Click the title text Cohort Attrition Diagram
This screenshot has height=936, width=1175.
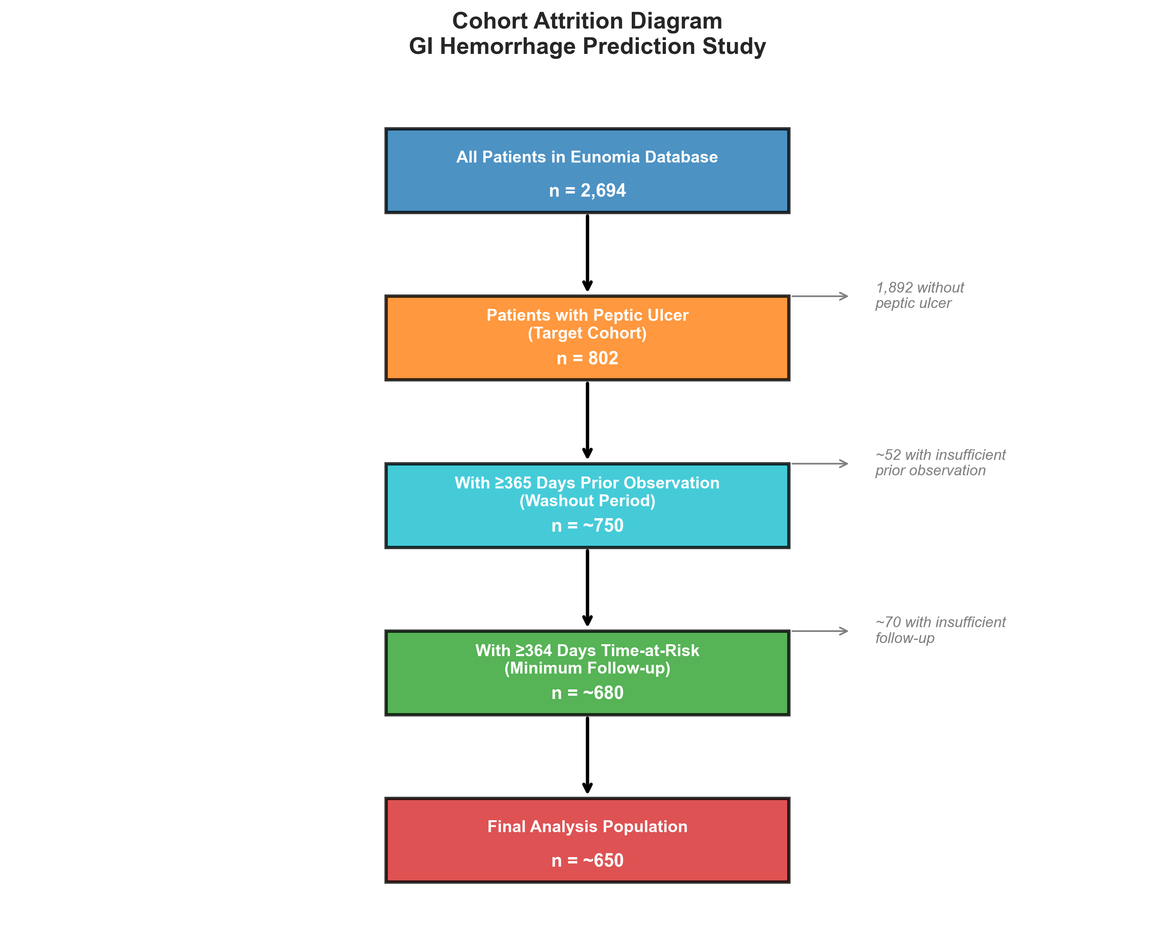(587, 21)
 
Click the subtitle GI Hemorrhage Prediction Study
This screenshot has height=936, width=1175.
(587, 46)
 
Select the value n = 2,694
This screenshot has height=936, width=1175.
(587, 191)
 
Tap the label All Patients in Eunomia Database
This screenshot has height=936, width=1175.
(587, 157)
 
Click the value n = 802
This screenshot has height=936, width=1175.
(587, 358)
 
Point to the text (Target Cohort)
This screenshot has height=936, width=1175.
(587, 333)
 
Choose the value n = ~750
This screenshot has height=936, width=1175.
(587, 525)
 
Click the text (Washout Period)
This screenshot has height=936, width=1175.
(587, 500)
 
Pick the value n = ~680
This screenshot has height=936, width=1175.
(587, 693)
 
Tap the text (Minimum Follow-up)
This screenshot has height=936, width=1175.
(587, 668)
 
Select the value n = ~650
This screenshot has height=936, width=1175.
(587, 860)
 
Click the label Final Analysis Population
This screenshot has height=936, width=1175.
(587, 827)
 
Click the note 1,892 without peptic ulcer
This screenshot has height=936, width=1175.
(919, 295)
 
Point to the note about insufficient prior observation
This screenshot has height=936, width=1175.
(940, 462)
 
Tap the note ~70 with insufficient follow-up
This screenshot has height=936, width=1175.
(940, 630)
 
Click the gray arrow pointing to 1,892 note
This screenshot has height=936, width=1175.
(819, 296)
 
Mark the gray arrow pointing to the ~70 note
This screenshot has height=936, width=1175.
(819, 631)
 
